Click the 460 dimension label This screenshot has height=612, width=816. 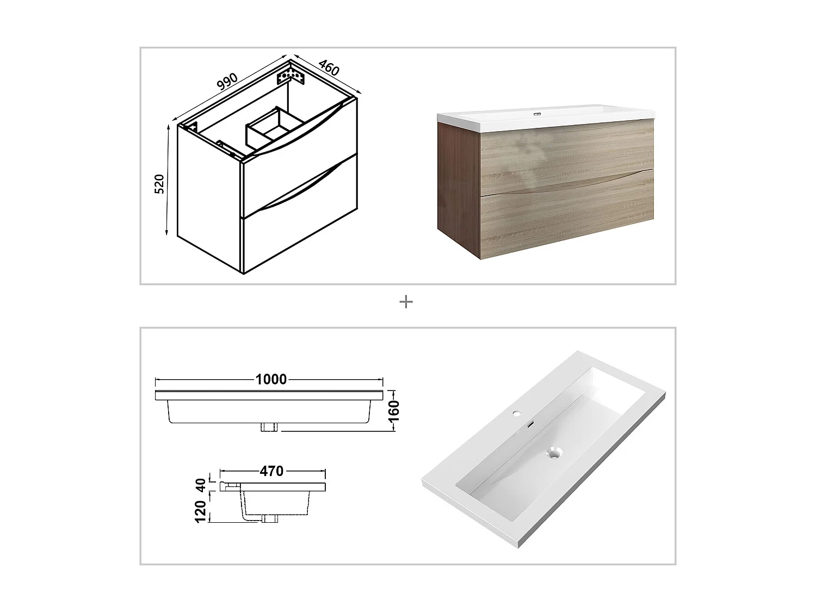click(x=329, y=67)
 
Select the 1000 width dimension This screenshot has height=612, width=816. click(x=271, y=379)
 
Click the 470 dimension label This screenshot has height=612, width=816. click(x=271, y=471)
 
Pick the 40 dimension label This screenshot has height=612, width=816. click(x=201, y=485)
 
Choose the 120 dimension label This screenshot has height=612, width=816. click(x=201, y=512)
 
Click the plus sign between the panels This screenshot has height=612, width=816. click(x=406, y=301)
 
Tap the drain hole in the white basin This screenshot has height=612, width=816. click(x=554, y=453)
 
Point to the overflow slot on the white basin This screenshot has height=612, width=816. click(x=531, y=424)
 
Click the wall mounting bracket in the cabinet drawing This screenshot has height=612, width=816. click(x=289, y=75)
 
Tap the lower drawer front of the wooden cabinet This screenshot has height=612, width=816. click(x=566, y=218)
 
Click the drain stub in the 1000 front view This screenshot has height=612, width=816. click(x=270, y=427)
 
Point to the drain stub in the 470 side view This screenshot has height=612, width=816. click(x=270, y=519)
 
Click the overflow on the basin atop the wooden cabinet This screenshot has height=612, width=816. click(x=537, y=114)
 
